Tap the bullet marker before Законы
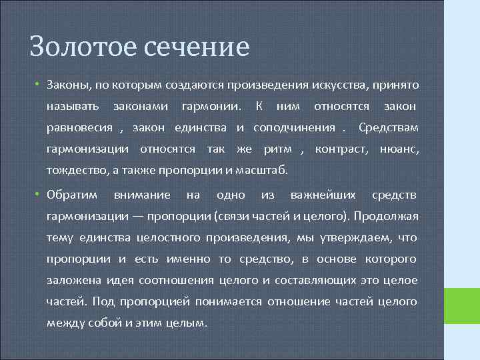pyautogui.click(x=39, y=85)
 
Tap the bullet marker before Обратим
pyautogui.click(x=39, y=195)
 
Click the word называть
pyautogui.click(x=73, y=107)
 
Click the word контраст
pyautogui.click(x=341, y=149)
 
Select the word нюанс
pyautogui.click(x=399, y=149)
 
